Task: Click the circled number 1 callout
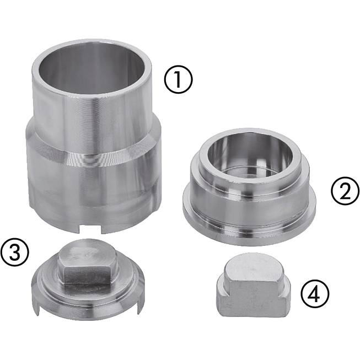[179, 79]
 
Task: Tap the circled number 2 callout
[345, 190]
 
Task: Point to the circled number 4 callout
[315, 294]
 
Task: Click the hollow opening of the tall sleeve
[92, 69]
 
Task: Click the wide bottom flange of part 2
[249, 227]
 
